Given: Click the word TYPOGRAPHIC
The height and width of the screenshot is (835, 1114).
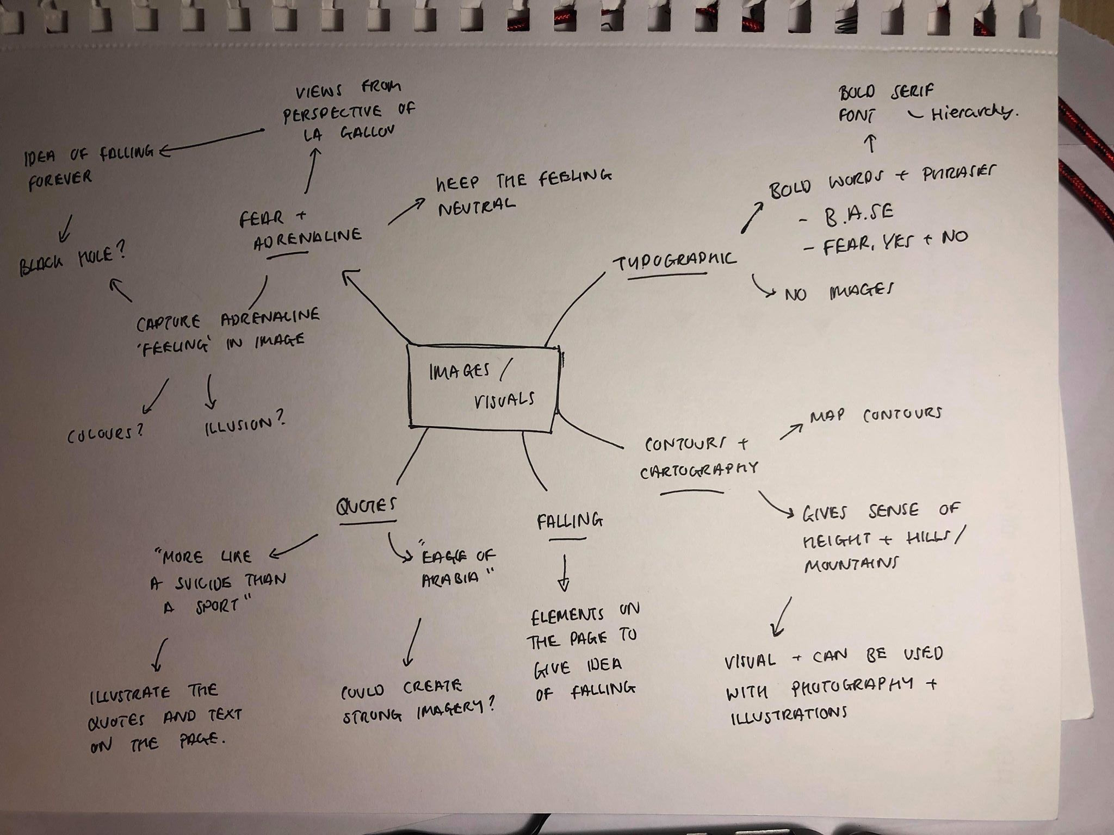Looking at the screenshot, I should [674, 261].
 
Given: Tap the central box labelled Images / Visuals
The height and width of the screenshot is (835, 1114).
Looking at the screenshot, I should [484, 387].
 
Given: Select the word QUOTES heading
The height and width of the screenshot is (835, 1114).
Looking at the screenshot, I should [366, 506].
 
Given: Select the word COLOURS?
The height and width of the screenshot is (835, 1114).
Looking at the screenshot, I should [106, 433].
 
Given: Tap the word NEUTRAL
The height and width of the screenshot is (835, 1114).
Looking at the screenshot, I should [476, 207].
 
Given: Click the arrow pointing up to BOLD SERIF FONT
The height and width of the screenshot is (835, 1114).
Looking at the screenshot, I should [871, 144].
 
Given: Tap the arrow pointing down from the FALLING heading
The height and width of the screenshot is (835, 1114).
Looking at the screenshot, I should [564, 574].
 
